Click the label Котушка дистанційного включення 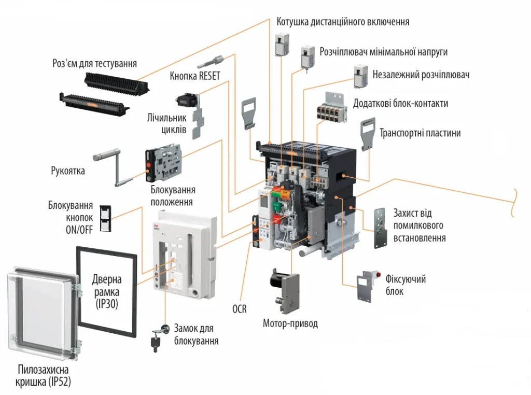(343, 22)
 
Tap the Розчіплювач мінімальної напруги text (383, 52)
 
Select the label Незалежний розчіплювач (421, 75)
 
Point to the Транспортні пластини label (420, 133)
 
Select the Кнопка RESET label (195, 76)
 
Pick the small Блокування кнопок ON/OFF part (106, 218)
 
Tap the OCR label (239, 309)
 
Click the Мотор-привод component (283, 288)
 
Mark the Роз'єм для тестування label (95, 64)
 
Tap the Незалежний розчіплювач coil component (361, 76)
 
